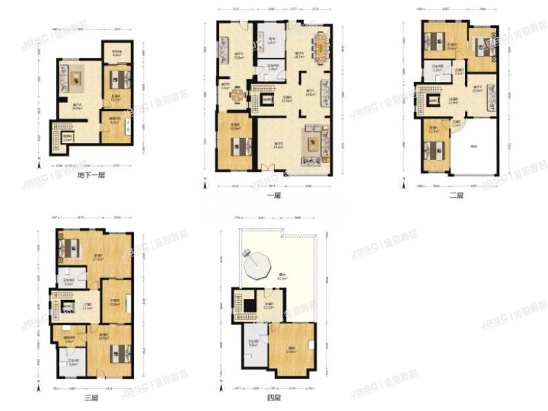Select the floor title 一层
click(273, 196)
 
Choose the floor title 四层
click(273, 397)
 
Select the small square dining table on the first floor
click(236, 95)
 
